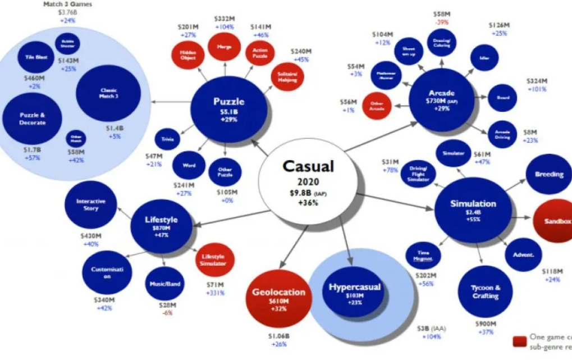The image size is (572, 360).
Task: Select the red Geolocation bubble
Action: click(278, 298)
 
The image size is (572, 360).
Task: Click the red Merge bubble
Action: click(224, 48)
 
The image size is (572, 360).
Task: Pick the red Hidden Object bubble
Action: click(188, 55)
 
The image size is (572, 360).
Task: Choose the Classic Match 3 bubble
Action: click(108, 93)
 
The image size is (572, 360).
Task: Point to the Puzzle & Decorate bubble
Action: click(31, 119)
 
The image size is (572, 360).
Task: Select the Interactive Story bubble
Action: click(91, 205)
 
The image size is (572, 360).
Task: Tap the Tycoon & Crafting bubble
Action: click(485, 292)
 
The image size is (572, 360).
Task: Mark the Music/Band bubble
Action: click(165, 284)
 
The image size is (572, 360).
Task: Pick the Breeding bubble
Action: click(548, 174)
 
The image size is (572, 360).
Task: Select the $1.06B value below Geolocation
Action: click(279, 336)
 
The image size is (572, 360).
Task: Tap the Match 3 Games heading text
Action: click(67, 4)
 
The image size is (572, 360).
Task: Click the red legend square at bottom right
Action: click(519, 341)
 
